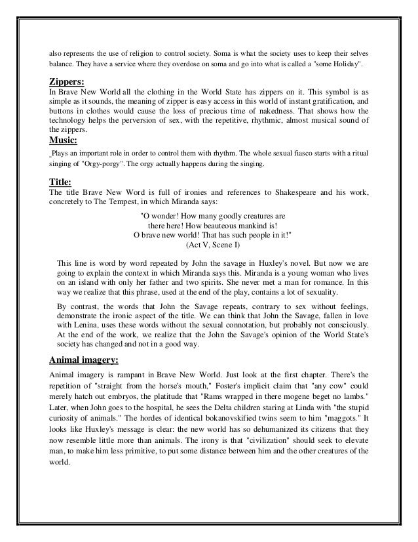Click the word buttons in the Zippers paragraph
point(62,112)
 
